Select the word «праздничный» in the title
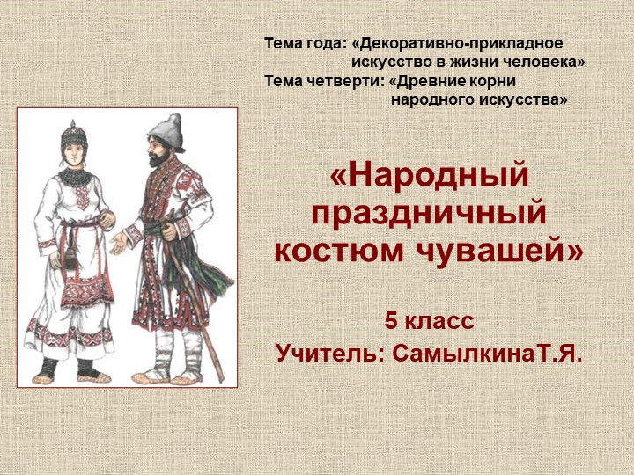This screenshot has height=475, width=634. [429, 213]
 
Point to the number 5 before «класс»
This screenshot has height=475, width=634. [389, 322]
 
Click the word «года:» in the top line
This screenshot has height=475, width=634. [325, 43]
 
